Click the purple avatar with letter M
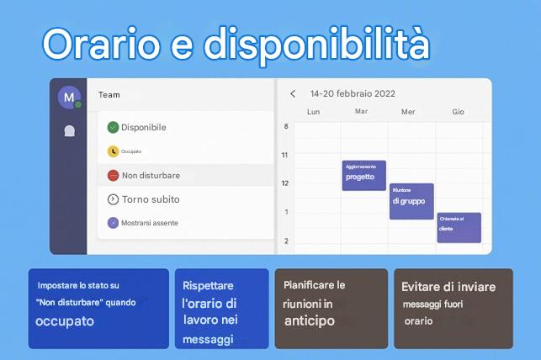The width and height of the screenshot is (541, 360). pos(68,96)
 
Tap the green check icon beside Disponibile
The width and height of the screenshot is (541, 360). pos(113,127)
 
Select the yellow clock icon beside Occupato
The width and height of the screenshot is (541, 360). pos(113,151)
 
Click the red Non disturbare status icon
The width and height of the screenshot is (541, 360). pos(113,175)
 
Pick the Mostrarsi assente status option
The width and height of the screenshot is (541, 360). pos(149,223)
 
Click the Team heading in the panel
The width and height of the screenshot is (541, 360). pos(109,95)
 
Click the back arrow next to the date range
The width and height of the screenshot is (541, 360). pos(293,94)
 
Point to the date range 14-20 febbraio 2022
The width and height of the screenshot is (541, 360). pos(352,94)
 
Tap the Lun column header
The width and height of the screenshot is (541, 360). pos(313,112)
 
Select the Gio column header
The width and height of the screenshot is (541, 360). pos(458,112)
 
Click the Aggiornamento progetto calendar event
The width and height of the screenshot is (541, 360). pos(363,175)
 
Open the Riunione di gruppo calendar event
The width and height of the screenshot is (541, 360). pos(411,200)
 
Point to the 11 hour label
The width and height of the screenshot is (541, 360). pos(285,155)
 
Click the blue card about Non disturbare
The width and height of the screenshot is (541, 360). pos(98,308)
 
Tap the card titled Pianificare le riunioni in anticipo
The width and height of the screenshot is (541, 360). pos(331,308)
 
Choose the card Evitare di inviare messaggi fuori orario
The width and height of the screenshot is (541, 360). pos(453,308)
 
